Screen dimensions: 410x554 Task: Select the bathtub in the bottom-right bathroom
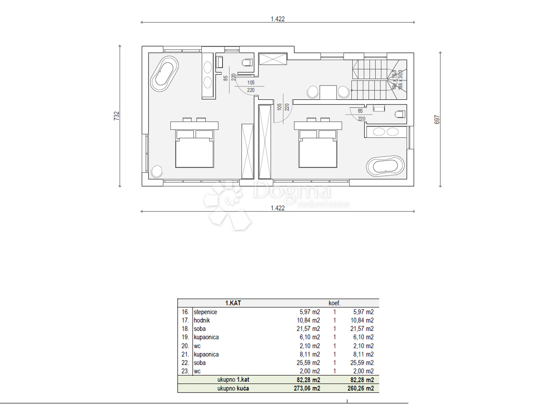point(385,166)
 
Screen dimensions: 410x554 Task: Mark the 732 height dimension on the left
point(116,116)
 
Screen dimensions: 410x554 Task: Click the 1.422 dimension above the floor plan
point(277,19)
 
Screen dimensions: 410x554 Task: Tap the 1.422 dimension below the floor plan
point(277,208)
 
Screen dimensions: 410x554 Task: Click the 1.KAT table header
point(233,303)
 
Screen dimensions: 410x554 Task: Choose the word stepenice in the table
point(205,312)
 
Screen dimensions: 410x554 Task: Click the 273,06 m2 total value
point(308,388)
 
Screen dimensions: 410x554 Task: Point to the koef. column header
point(334,303)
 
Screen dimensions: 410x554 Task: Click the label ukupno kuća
point(233,388)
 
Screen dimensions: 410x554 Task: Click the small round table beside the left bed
point(157,171)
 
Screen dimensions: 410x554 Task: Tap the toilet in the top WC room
point(247,62)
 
